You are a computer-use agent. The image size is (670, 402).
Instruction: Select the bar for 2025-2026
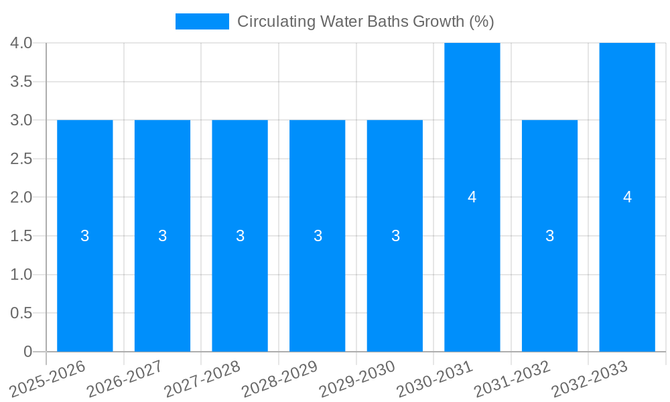click(x=85, y=268)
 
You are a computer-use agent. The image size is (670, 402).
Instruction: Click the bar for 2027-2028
click(x=240, y=268)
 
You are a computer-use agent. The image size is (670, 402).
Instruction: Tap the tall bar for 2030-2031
click(x=472, y=255)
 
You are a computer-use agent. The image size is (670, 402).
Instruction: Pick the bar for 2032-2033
click(x=627, y=255)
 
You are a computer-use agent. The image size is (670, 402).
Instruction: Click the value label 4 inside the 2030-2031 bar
click(x=472, y=197)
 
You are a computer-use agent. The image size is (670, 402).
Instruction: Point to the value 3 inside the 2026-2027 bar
click(x=163, y=236)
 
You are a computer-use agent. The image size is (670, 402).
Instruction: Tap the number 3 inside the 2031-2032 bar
click(x=550, y=236)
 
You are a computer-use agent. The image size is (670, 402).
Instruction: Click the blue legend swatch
click(x=202, y=21)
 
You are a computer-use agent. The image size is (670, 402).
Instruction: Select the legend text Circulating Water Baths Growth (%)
click(x=365, y=21)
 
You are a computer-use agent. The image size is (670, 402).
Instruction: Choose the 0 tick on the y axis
click(x=27, y=352)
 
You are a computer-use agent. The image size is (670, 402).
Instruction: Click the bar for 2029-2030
click(x=395, y=268)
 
